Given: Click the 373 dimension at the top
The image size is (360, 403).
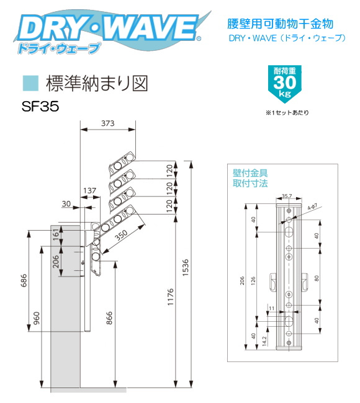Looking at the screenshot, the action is click(x=107, y=123).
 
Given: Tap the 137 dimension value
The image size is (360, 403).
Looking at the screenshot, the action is click(x=89, y=191).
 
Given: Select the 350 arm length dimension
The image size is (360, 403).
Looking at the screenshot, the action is click(x=121, y=234).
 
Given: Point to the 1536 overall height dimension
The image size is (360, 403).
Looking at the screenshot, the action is click(x=185, y=267).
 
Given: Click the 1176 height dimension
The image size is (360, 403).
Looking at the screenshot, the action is click(x=170, y=297).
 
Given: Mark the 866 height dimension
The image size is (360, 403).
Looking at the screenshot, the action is click(x=109, y=318).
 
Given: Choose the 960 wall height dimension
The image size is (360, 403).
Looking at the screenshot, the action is click(x=37, y=318).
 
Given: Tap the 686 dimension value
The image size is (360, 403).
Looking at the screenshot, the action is click(x=24, y=280).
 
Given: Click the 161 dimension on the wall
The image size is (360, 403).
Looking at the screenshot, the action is click(x=56, y=234).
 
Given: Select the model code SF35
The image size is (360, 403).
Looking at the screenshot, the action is click(x=40, y=106).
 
